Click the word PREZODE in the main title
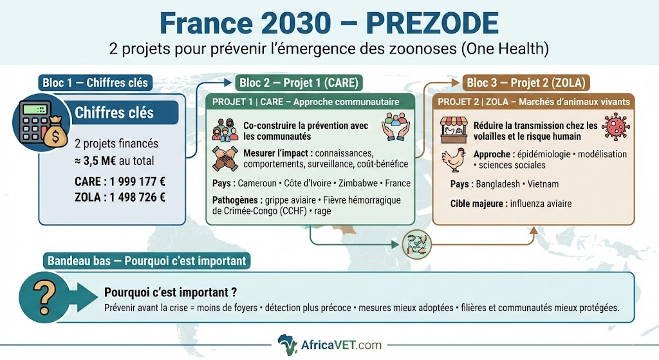tap(432, 23)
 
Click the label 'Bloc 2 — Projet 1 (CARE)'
tap(299, 83)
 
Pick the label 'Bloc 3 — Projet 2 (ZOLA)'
tap(526, 83)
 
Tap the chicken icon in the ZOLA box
tap(454, 160)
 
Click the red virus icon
tap(616, 126)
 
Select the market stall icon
tap(454, 130)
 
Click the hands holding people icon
tap(396, 126)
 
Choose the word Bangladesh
tap(497, 184)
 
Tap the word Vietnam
tap(543, 184)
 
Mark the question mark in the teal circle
tap(44, 298)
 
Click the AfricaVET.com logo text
tap(341, 345)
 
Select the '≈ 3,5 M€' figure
tap(95, 161)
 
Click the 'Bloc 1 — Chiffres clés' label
tap(95, 83)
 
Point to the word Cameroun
tap(257, 184)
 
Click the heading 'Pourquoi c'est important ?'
tap(170, 292)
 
